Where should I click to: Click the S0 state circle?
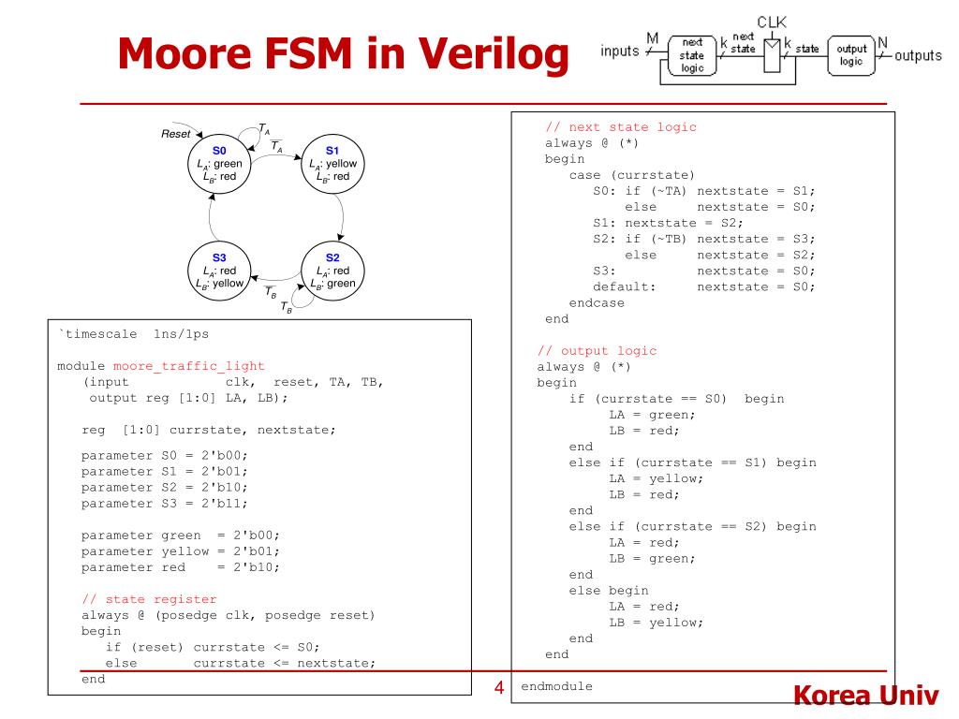coord(219,164)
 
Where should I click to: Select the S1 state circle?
coord(332,164)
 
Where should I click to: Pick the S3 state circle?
coord(219,271)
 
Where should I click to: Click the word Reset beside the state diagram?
coord(176,135)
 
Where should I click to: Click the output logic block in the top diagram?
coord(849,55)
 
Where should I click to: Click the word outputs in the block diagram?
coord(918,55)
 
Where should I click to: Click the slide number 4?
coord(499,689)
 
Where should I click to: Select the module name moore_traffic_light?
coord(188,365)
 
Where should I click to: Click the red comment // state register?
coord(149,599)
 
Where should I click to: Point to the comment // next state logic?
coord(621,127)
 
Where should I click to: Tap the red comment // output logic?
coord(597,351)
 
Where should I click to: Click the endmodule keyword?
coord(557,686)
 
